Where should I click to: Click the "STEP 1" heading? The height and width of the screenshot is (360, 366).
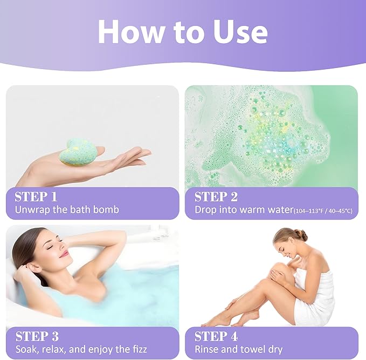click(x=36, y=196)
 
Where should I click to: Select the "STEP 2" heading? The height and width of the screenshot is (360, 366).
click(x=216, y=196)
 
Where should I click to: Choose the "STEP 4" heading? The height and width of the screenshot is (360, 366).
click(x=216, y=336)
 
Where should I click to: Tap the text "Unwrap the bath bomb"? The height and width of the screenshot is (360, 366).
click(x=67, y=209)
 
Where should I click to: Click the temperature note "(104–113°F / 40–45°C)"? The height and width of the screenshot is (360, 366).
click(x=323, y=210)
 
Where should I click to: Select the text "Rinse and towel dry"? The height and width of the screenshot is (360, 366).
click(x=238, y=349)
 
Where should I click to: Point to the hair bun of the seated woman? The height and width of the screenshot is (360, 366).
click(x=301, y=235)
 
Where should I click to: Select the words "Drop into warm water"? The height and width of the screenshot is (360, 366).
click(x=244, y=209)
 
